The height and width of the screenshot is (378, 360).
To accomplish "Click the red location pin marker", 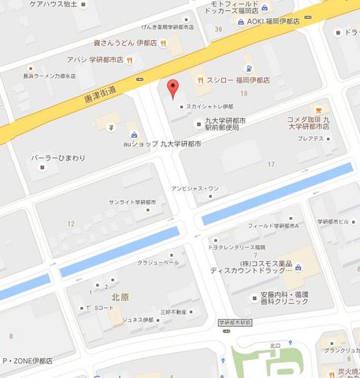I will (174, 87).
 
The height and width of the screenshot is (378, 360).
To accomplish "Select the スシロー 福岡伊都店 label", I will (237, 80).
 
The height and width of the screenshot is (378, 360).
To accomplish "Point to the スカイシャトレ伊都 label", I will (207, 107).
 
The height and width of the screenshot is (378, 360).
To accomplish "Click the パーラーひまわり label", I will (53, 159).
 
